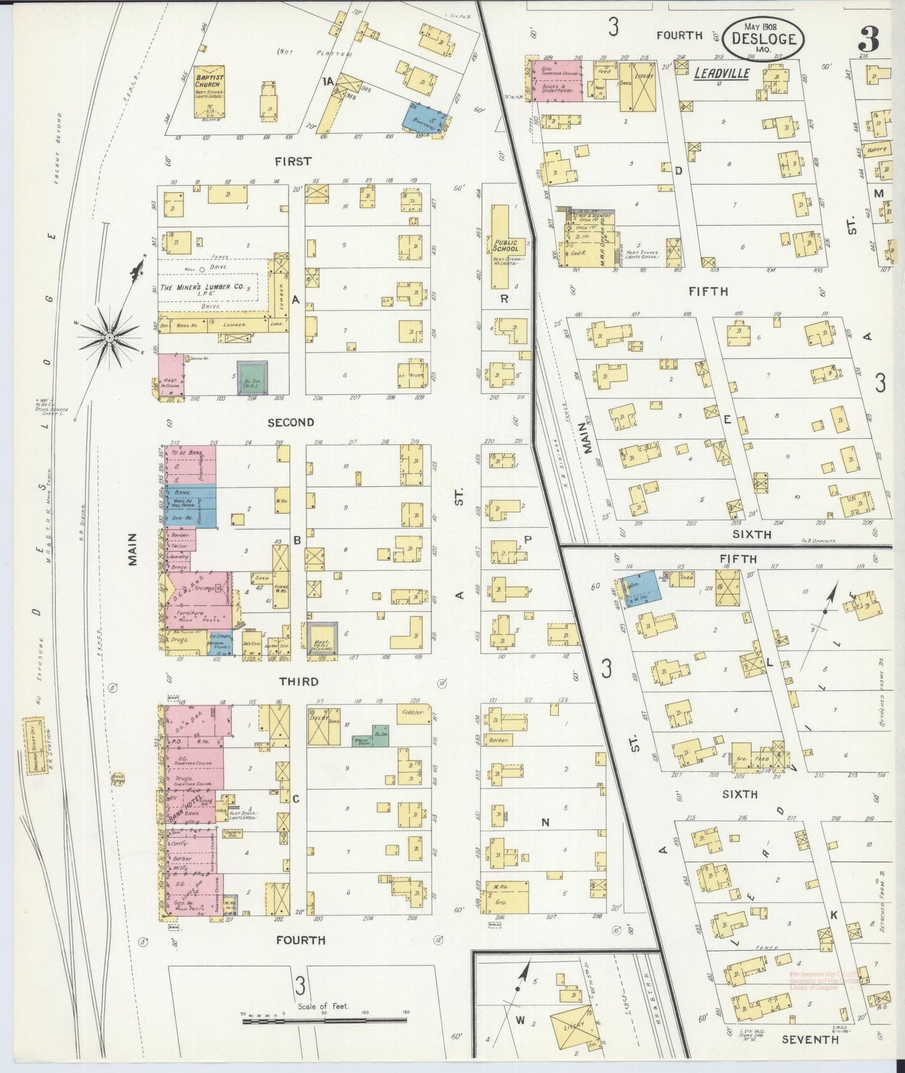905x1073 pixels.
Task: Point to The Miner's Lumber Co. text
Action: pyautogui.click(x=202, y=287)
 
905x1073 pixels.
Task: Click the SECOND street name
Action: pyautogui.click(x=291, y=423)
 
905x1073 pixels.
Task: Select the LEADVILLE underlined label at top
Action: pyautogui.click(x=721, y=74)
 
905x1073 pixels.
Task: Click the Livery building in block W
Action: pyautogui.click(x=571, y=1025)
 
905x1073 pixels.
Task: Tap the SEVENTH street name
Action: pyautogui.click(x=809, y=1040)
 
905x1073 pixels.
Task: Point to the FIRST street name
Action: pyautogui.click(x=292, y=162)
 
